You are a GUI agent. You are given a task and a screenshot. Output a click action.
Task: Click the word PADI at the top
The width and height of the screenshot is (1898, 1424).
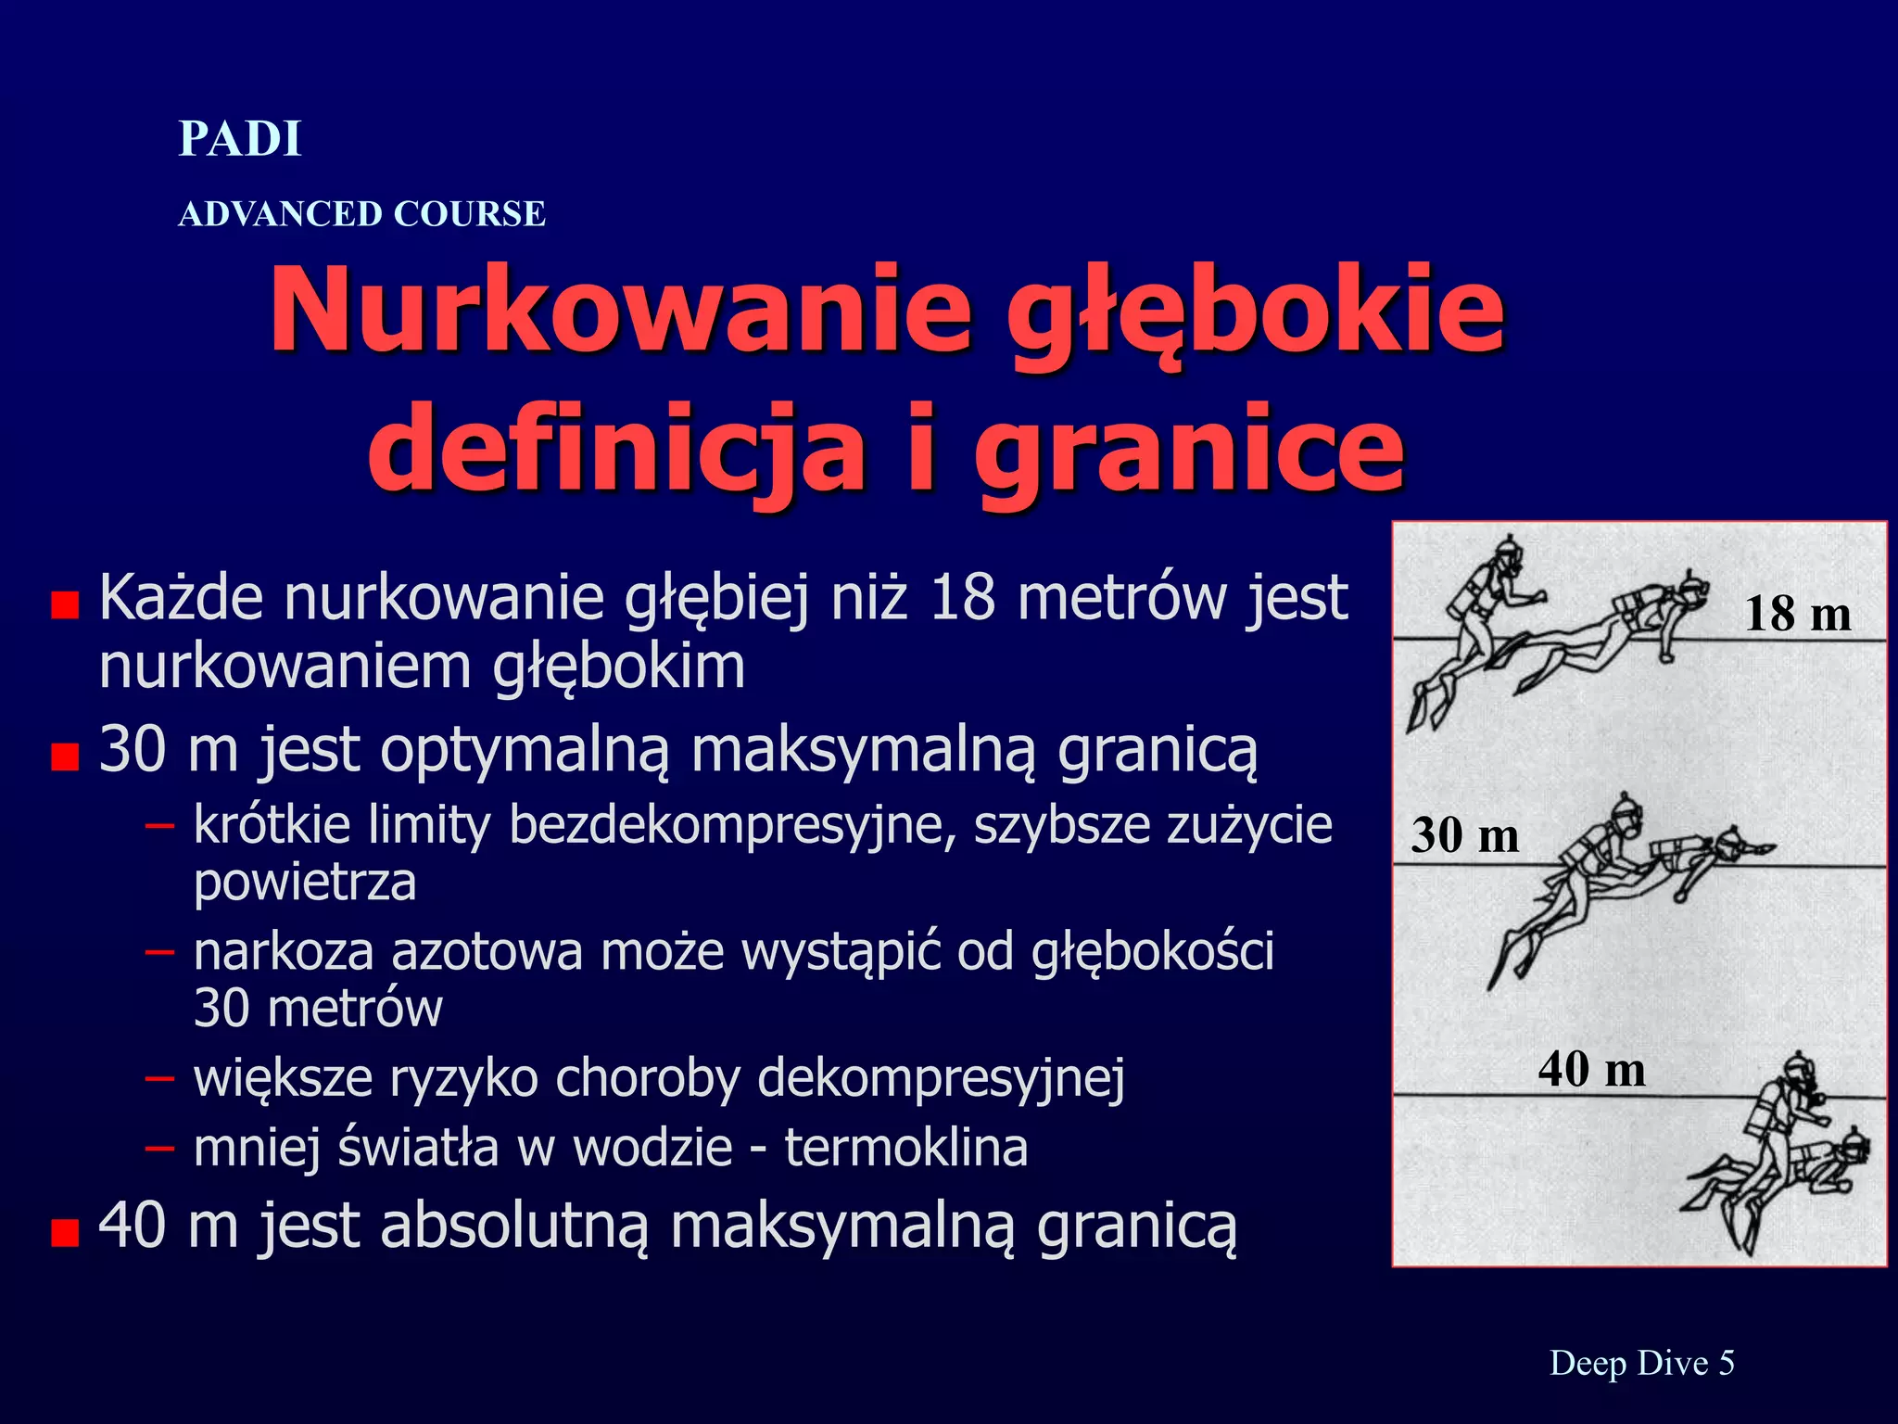[240, 140]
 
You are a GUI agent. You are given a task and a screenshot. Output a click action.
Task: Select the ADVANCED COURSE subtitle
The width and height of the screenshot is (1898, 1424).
[361, 214]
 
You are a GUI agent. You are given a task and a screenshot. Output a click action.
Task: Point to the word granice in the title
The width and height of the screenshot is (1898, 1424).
[1190, 449]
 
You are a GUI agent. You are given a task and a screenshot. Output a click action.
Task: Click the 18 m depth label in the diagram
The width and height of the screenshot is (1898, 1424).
[1798, 614]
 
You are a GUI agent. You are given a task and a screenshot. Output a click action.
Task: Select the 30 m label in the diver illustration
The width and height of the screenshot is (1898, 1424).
[1464, 835]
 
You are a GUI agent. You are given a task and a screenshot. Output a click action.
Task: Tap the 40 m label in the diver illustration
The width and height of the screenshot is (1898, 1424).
[1591, 1069]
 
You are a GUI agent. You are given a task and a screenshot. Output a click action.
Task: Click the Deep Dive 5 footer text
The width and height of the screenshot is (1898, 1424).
[1641, 1363]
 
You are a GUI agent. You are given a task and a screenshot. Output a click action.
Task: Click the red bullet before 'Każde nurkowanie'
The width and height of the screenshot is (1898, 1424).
[65, 606]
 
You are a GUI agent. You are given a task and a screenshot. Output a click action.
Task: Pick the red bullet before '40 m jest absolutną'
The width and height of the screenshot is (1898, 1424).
[65, 1234]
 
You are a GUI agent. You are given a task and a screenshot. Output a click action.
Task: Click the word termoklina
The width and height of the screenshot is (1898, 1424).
[906, 1148]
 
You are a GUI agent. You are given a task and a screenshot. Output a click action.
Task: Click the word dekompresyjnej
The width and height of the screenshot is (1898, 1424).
[941, 1079]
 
